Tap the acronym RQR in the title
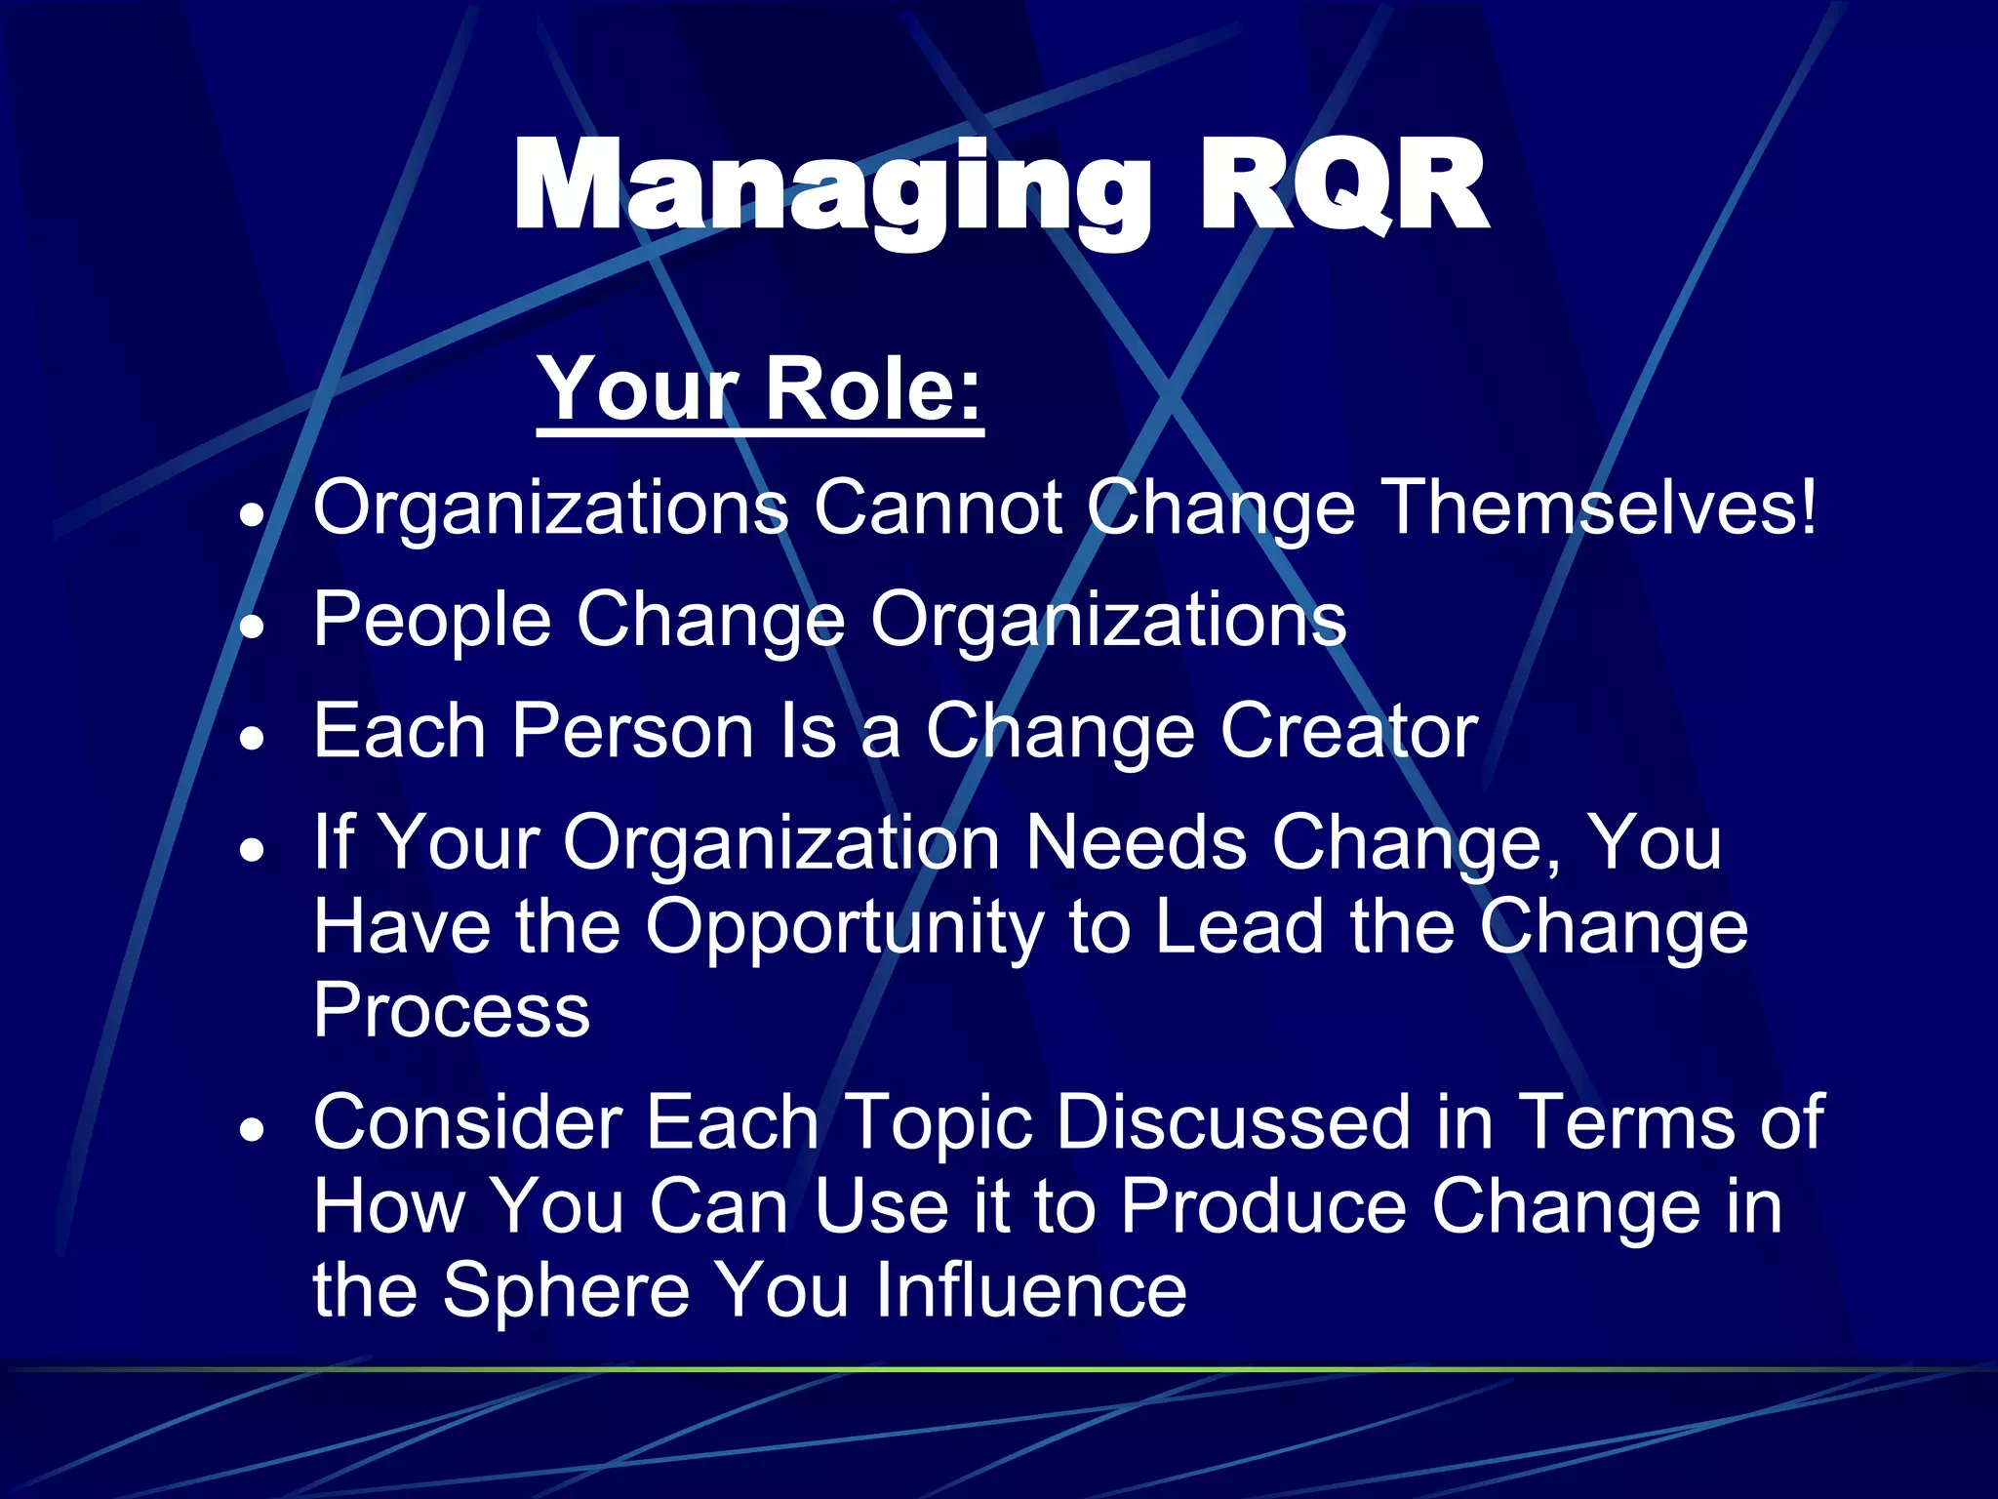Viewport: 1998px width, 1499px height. pyautogui.click(x=1342, y=185)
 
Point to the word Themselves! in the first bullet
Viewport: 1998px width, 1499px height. pyautogui.click(x=1601, y=507)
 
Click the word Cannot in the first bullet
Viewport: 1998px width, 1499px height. pyautogui.click(x=938, y=507)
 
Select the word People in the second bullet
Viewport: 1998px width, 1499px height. pyautogui.click(x=432, y=621)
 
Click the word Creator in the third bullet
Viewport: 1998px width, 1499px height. pyautogui.click(x=1349, y=732)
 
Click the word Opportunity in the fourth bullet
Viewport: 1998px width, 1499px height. pyautogui.click(x=845, y=927)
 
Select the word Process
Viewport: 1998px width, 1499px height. pyautogui.click(x=452, y=1011)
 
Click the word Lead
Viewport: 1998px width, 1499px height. pyautogui.click(x=1240, y=927)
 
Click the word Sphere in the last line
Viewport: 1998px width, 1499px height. pyautogui.click(x=567, y=1290)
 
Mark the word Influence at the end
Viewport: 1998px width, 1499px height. pyautogui.click(x=1030, y=1290)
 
